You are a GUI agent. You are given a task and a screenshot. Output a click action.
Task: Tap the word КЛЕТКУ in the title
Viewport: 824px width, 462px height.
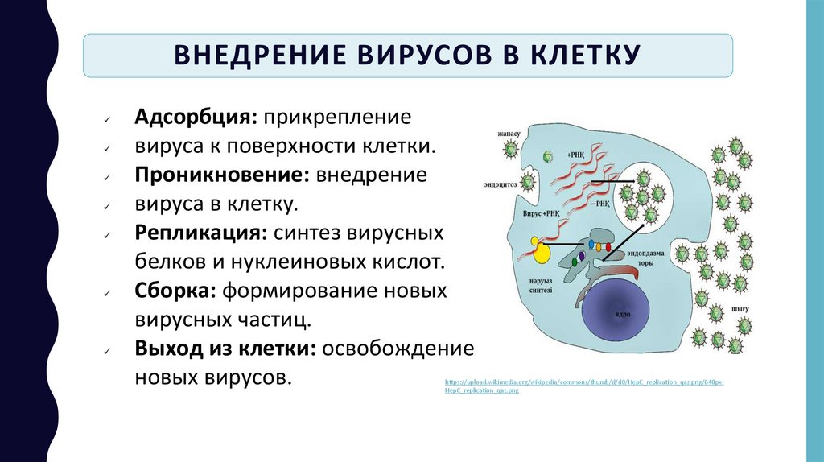(x=584, y=56)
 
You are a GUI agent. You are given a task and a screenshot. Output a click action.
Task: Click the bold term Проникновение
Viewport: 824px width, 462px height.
(x=223, y=175)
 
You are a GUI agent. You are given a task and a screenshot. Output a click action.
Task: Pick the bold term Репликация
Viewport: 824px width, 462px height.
(x=200, y=233)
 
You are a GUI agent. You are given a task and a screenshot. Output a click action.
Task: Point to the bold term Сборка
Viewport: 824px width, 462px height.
(x=171, y=290)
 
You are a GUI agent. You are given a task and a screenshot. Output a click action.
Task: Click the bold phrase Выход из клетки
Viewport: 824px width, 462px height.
(x=228, y=348)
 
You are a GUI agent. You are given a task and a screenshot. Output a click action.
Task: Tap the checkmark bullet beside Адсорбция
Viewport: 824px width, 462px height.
(x=106, y=119)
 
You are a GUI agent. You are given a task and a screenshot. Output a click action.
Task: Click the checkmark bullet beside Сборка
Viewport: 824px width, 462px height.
(x=106, y=292)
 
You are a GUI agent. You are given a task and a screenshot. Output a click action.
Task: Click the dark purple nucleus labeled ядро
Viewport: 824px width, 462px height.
(x=617, y=316)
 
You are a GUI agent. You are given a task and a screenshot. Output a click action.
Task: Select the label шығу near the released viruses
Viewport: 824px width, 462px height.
(x=740, y=309)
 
